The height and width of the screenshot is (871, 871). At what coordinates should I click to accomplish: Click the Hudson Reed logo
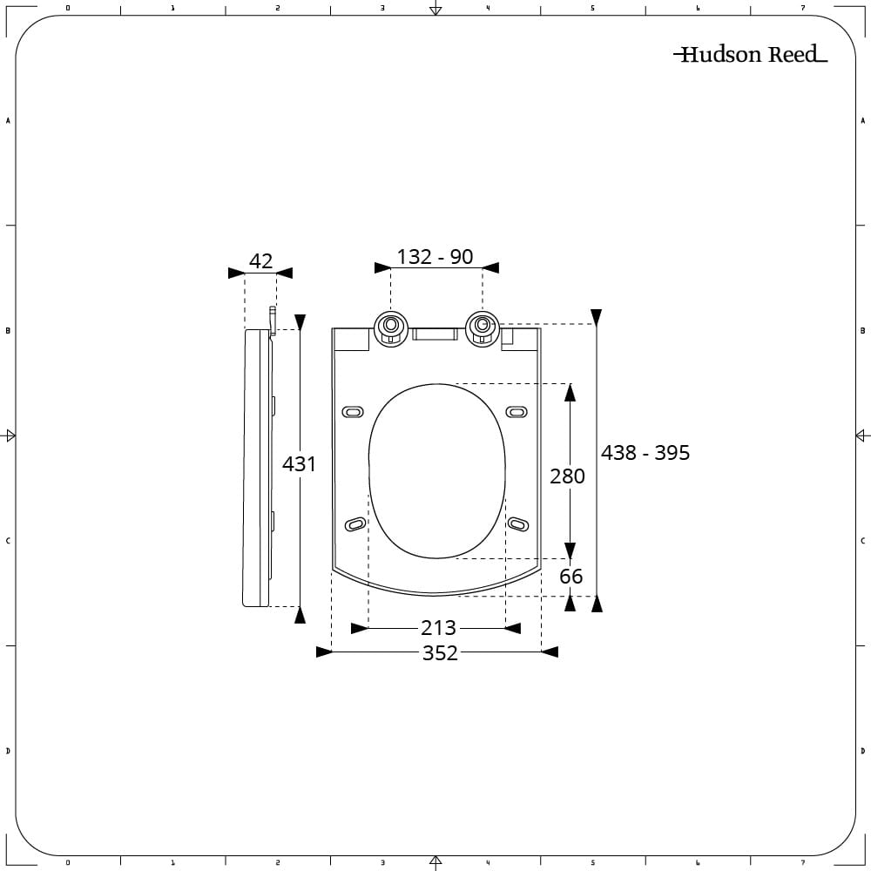(x=750, y=54)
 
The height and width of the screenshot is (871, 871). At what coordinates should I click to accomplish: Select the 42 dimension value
(x=260, y=260)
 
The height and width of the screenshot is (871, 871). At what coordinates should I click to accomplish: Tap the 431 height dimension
(x=299, y=464)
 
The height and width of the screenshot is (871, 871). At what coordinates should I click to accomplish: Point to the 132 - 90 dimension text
(x=435, y=257)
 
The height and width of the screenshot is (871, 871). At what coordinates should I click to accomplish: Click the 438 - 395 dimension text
(x=645, y=453)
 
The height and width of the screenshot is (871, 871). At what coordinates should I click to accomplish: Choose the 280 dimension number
(x=567, y=476)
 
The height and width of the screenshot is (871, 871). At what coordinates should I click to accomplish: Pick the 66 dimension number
(x=571, y=576)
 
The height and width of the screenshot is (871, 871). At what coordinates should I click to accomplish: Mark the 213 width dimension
(x=438, y=628)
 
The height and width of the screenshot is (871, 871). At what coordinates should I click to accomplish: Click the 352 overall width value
(x=440, y=652)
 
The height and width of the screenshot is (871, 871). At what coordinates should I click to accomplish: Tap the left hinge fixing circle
(x=391, y=329)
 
